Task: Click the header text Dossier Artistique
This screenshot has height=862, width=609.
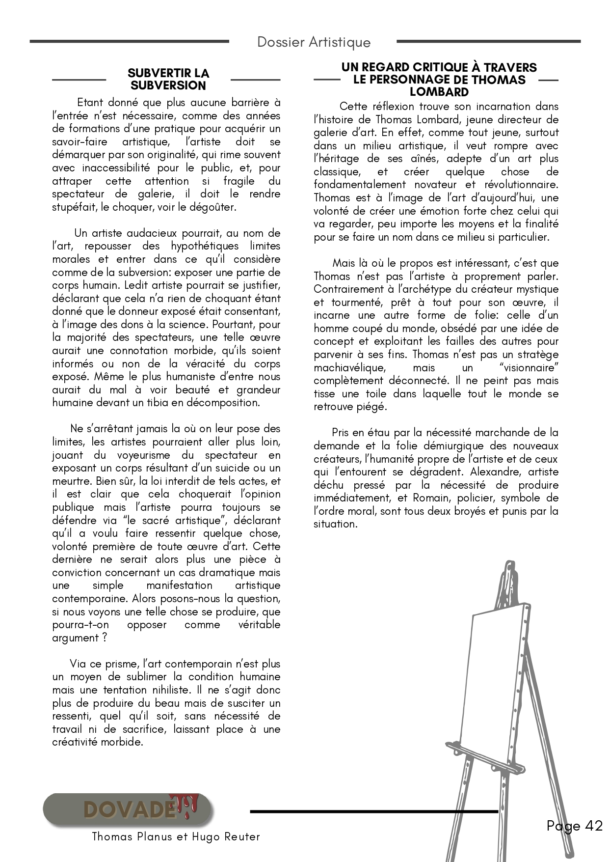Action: pos(314,42)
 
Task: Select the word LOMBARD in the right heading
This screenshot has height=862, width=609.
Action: pos(439,92)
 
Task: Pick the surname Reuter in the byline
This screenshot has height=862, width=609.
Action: pos(240,836)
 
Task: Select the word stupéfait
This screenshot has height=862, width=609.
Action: pos(73,207)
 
